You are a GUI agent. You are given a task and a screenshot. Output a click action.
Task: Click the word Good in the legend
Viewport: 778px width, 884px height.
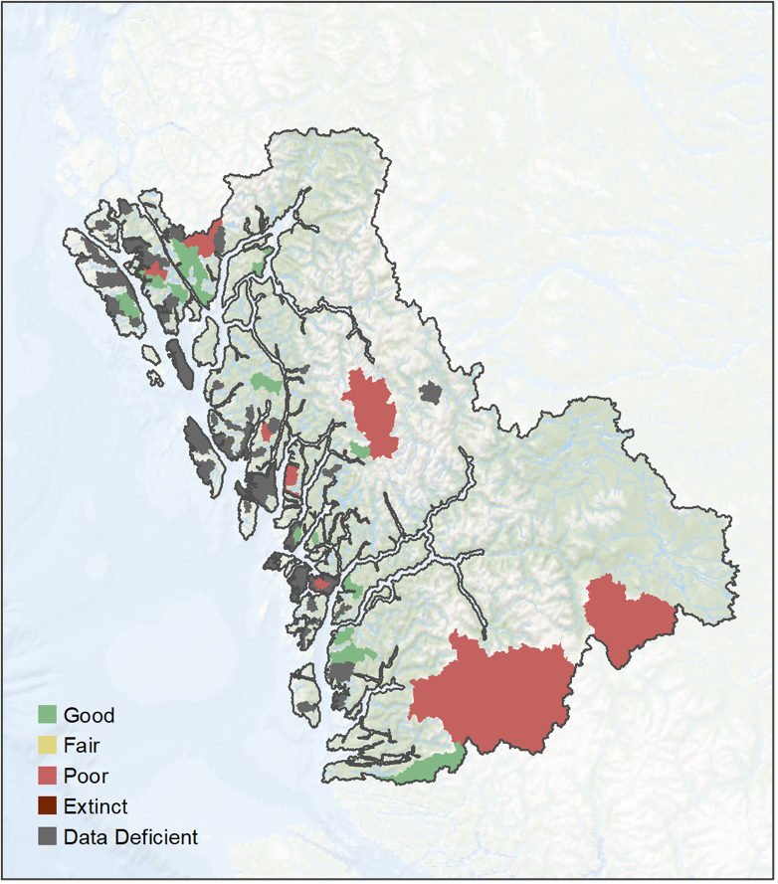click(x=89, y=715)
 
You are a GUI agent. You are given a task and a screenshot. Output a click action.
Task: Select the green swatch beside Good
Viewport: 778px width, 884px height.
click(x=47, y=715)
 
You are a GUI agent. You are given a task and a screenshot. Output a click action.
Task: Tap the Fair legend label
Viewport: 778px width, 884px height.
click(x=82, y=745)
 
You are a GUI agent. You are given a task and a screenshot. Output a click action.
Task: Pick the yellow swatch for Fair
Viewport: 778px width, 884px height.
click(x=47, y=745)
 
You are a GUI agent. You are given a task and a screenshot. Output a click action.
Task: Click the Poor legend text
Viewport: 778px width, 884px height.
click(x=86, y=776)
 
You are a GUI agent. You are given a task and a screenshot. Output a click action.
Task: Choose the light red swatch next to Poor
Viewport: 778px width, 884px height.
click(x=47, y=776)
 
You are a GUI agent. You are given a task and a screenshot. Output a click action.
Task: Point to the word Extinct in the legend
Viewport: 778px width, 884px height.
click(x=96, y=806)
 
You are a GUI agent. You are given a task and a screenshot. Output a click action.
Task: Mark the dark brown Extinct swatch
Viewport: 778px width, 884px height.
click(x=47, y=806)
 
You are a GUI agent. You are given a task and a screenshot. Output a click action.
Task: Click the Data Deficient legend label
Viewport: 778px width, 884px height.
click(x=130, y=837)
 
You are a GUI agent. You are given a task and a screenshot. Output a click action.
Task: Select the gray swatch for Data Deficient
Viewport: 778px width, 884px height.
click(x=47, y=837)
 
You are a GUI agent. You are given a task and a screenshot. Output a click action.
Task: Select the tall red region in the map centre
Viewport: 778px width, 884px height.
click(x=373, y=408)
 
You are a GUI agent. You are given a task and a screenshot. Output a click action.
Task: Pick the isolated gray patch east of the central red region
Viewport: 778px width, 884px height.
click(x=430, y=392)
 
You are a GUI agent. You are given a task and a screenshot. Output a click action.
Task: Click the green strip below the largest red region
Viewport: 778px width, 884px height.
click(x=428, y=766)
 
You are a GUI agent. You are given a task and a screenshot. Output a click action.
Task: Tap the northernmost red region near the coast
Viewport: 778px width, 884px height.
click(x=206, y=242)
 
